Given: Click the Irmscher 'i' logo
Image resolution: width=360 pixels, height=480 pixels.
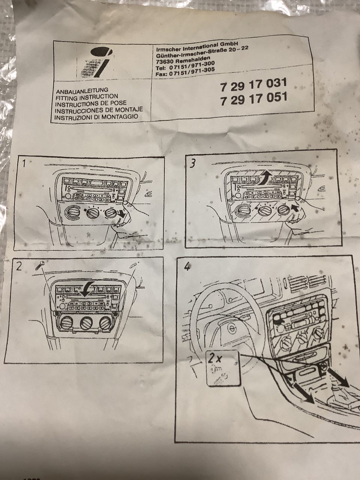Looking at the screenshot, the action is coord(96,62).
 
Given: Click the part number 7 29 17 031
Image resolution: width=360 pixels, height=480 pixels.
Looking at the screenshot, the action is coord(253,85).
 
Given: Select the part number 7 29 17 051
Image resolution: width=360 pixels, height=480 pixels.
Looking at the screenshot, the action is coord(254,99).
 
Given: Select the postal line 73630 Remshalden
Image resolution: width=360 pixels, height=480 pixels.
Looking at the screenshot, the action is coord(183,59).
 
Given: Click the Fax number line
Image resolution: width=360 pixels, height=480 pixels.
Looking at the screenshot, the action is coord(185,72).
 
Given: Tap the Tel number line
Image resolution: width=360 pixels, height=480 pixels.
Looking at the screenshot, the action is coord(185,66).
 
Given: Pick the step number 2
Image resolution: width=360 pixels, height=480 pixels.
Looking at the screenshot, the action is coord(19,266).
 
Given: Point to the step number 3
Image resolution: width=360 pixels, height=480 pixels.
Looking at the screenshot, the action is coord(192,163).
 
